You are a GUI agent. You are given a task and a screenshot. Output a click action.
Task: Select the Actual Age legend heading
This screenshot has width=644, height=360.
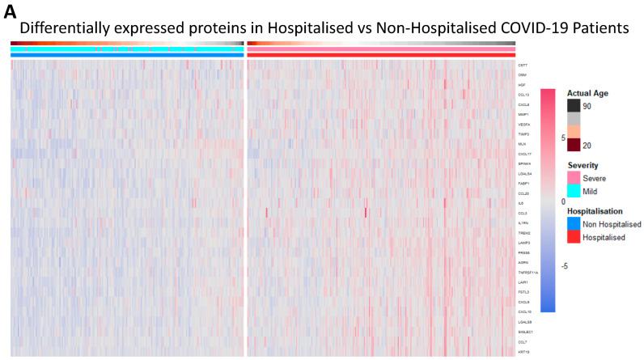pyautogui.click(x=587, y=93)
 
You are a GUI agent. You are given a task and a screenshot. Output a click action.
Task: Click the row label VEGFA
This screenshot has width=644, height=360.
pyautogui.click(x=523, y=124)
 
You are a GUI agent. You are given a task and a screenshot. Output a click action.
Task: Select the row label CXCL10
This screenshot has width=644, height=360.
pyautogui.click(x=524, y=311)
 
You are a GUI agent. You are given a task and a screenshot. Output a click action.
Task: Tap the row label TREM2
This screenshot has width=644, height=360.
pyautogui.click(x=523, y=233)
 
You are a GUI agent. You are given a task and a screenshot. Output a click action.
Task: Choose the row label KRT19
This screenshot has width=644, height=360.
pyautogui.click(x=523, y=351)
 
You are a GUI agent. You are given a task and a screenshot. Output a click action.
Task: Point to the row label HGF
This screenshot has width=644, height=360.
pyautogui.click(x=522, y=85)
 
